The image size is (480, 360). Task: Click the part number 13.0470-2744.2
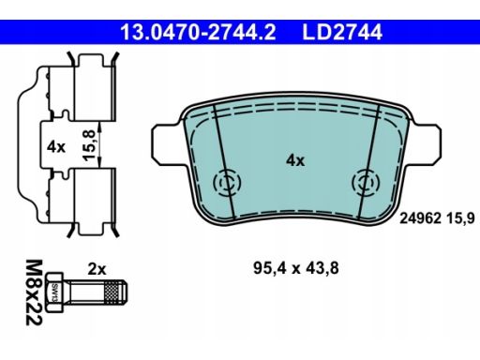pyautogui.click(x=198, y=32)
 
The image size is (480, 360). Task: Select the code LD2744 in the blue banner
pyautogui.click(x=342, y=32)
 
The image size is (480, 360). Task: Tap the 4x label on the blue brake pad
pyautogui.click(x=295, y=160)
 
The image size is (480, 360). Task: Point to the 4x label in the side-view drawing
pyautogui.click(x=56, y=146)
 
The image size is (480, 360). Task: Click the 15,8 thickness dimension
pyautogui.click(x=89, y=145)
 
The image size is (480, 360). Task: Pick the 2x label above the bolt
pyautogui.click(x=97, y=269)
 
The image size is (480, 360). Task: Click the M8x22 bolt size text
pyautogui.click(x=34, y=292)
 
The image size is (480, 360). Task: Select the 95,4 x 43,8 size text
pyautogui.click(x=296, y=268)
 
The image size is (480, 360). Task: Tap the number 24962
pyautogui.click(x=421, y=218)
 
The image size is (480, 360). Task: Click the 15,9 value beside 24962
pyautogui.click(x=460, y=218)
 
